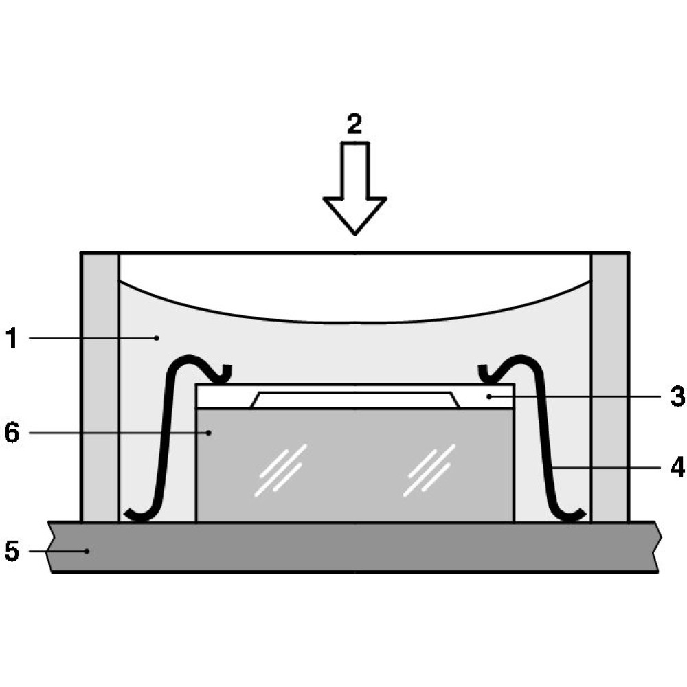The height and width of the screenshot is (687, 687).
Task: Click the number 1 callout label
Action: point(12,338)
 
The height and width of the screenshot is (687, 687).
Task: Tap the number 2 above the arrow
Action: point(354,124)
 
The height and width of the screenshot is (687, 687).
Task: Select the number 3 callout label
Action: point(677,396)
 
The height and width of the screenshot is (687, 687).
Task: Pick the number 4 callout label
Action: point(677,467)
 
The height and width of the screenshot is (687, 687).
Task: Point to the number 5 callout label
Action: point(12,550)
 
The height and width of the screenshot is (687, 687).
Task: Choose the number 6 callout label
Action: point(12,433)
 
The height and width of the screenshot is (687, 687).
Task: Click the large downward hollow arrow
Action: point(355,188)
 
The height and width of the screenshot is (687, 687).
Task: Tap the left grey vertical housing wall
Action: point(100,387)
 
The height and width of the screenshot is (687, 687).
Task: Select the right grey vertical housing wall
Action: point(610,387)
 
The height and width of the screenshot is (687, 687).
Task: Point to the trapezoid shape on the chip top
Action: point(355,400)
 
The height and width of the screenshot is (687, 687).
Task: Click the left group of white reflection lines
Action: point(280,471)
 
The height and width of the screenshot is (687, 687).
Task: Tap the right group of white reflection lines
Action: point(429,471)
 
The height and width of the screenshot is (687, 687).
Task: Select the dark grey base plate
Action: point(355,547)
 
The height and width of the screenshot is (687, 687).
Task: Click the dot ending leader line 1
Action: point(157,338)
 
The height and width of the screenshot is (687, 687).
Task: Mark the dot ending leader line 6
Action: point(209,433)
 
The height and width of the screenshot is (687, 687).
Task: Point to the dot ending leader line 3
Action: point(488,396)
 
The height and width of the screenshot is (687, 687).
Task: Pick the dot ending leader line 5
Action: point(87,551)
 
